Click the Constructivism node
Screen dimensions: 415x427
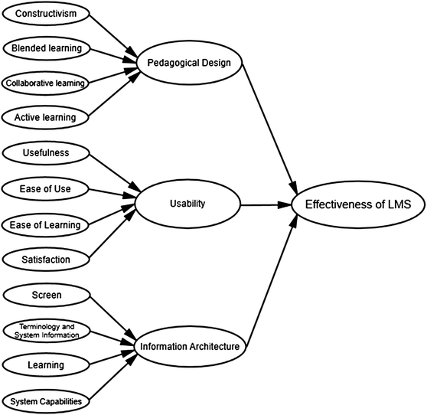[46, 15]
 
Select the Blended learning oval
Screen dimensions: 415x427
[47, 48]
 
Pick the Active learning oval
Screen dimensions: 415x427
[47, 117]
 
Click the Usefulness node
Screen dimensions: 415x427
[47, 153]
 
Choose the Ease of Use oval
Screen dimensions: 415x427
[47, 188]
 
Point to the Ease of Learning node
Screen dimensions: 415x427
[47, 224]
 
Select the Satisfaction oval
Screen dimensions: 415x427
[47, 260]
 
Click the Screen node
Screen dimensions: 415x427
[47, 295]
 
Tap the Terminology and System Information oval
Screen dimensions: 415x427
[47, 331]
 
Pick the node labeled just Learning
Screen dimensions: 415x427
[47, 365]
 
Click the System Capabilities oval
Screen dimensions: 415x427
[47, 400]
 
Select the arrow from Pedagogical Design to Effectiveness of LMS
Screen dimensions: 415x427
[268, 126]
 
